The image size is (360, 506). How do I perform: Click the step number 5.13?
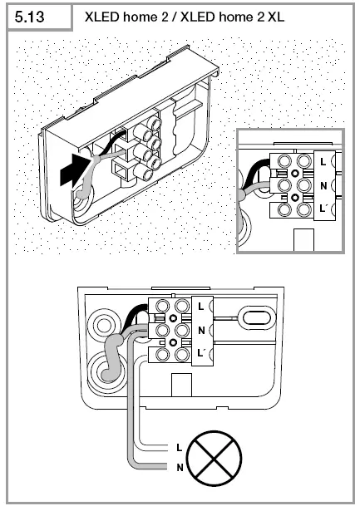[x=29, y=17]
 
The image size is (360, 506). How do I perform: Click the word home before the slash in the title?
[x=141, y=17]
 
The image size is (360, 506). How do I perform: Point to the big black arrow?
[x=75, y=169]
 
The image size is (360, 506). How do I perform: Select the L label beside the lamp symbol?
[x=180, y=448]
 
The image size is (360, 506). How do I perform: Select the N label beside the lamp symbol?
[x=180, y=467]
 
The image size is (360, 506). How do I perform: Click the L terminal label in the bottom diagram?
[x=201, y=307]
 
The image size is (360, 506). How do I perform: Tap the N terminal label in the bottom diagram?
[x=201, y=331]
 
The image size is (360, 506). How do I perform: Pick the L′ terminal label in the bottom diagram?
[x=202, y=353]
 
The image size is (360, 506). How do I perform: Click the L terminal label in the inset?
[x=323, y=162]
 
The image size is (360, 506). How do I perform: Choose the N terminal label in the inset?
[x=323, y=185]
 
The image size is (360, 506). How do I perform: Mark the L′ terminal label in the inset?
[x=324, y=209]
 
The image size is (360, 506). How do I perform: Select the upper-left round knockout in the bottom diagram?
[x=104, y=325]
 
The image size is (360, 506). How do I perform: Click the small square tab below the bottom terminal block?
[x=180, y=385]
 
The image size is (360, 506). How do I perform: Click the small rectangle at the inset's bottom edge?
[x=303, y=240]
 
